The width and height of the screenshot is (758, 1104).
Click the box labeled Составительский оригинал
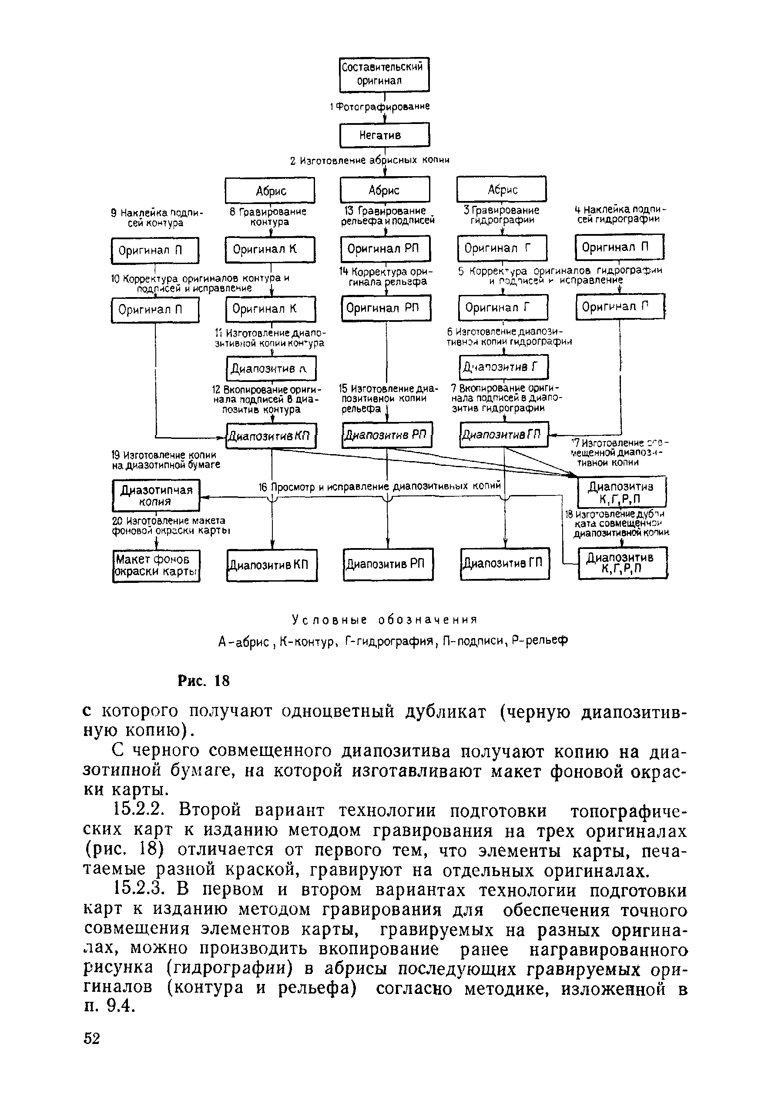384,74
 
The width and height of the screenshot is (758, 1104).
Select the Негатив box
384,135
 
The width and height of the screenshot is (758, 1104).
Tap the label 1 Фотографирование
380,107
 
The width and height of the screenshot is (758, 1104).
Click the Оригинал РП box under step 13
385,248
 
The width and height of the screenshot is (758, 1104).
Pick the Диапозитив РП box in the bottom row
388,564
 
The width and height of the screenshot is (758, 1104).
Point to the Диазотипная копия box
156,495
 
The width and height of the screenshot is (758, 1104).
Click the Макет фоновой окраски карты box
156,565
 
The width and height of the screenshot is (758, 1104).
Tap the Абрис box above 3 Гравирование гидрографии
501,190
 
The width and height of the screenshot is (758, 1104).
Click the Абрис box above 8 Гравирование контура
269,191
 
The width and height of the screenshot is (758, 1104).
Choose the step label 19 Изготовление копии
165,459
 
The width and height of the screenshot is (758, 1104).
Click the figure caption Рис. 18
203,681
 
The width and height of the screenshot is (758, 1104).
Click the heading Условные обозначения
384,620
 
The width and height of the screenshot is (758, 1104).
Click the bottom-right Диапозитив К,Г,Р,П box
622,563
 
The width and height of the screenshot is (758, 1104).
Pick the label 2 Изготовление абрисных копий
370,161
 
